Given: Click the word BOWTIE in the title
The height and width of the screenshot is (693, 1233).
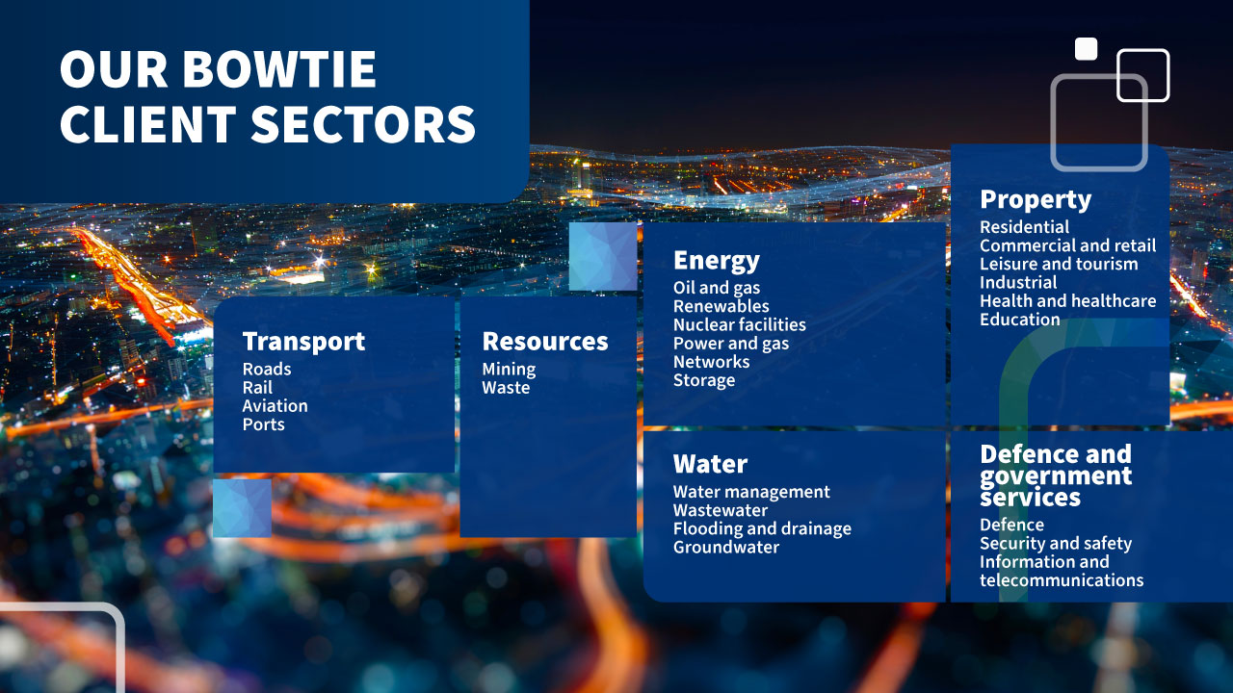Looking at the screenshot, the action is (x=279, y=69).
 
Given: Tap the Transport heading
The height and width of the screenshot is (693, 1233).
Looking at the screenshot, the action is (x=303, y=342).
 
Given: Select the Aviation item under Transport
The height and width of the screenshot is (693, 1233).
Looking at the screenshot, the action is (x=275, y=406).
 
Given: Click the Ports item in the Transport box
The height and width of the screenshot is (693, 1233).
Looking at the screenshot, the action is (x=264, y=424).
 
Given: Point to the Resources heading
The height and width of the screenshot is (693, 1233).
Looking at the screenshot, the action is (x=545, y=342).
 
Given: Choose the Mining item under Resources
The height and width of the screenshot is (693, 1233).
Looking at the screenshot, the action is (x=510, y=369).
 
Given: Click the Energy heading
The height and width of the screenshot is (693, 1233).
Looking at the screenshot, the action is (x=717, y=261).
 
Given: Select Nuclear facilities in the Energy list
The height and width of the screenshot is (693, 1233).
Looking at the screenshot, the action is (x=740, y=324).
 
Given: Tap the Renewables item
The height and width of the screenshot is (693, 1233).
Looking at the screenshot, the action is (x=721, y=306).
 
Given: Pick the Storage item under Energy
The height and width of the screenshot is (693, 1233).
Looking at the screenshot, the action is (x=704, y=380).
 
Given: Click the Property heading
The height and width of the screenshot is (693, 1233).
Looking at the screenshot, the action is (x=1036, y=199).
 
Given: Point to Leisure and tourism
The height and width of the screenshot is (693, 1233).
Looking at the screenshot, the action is (x=1059, y=264).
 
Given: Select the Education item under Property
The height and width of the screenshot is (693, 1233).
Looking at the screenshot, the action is (x=1020, y=320).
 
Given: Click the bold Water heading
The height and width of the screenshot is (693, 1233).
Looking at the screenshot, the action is (x=711, y=464).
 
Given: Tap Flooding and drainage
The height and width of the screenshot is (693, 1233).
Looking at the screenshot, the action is (x=762, y=529).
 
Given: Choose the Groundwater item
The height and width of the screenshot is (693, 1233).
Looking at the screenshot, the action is (x=726, y=548).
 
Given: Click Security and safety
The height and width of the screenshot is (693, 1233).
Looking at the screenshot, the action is (x=1056, y=544).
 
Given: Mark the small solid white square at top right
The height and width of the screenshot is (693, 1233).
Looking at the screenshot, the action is (x=1086, y=48).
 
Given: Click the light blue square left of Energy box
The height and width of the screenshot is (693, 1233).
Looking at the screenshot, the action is (x=603, y=256).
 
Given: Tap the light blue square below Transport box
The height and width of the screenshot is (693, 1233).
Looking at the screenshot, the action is (x=242, y=508).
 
